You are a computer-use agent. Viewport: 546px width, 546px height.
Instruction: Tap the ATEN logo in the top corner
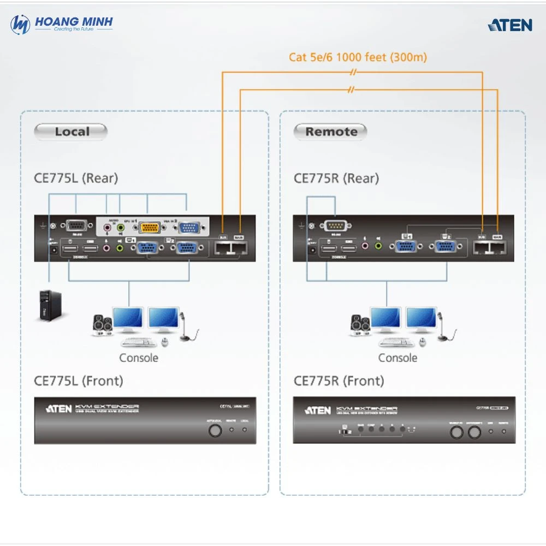click(509, 25)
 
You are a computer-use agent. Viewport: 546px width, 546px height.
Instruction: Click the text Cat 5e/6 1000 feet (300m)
click(358, 57)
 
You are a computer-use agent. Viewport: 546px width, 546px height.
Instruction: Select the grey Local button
click(71, 132)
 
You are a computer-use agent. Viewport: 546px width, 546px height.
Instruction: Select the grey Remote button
click(331, 132)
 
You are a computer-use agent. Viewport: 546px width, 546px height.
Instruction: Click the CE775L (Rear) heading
click(76, 178)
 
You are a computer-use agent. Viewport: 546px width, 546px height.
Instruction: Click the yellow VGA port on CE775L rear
click(149, 228)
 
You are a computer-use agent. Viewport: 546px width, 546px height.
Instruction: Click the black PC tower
click(49, 305)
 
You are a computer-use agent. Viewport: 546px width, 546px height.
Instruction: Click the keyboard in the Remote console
click(396, 342)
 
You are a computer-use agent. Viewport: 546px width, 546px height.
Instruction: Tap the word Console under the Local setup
click(139, 358)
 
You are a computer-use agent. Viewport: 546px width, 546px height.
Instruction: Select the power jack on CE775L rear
click(54, 250)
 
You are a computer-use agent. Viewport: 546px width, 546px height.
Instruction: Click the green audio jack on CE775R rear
click(378, 247)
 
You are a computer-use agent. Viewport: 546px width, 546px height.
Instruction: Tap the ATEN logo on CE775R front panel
click(318, 410)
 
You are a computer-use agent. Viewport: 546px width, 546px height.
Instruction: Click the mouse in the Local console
click(165, 342)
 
